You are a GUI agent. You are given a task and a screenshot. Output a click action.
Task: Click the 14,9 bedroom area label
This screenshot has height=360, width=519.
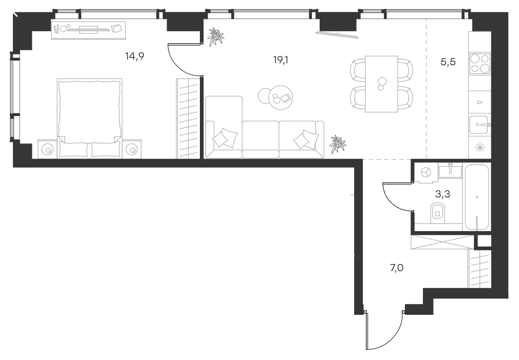[135, 56]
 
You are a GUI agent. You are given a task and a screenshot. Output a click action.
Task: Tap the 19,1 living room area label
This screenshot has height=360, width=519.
[281, 60]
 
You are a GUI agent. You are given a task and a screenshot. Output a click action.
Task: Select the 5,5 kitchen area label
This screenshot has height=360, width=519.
[448, 62]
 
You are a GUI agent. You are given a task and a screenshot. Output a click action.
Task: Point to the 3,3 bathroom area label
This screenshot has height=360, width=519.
[442, 194]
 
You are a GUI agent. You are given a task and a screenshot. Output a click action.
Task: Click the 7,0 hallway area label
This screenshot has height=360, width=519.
[397, 268]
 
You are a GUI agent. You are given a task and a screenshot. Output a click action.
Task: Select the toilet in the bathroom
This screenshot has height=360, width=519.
[438, 213]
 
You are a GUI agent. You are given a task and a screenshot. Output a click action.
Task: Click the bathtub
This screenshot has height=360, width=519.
[477, 197]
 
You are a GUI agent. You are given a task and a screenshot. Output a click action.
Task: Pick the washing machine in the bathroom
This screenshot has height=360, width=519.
[425, 173]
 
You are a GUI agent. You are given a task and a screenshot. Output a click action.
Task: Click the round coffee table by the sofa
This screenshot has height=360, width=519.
[280, 98]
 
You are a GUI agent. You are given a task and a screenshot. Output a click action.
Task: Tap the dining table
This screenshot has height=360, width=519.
[381, 84]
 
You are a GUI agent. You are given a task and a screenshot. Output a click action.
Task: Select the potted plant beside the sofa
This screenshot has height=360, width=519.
[338, 144]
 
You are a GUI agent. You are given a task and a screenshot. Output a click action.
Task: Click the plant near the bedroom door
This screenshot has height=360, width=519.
[215, 36]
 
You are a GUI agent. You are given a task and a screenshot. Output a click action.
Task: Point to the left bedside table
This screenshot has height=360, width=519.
[48, 149]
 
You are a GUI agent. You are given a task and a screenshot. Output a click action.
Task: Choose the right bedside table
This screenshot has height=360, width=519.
[132, 149]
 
